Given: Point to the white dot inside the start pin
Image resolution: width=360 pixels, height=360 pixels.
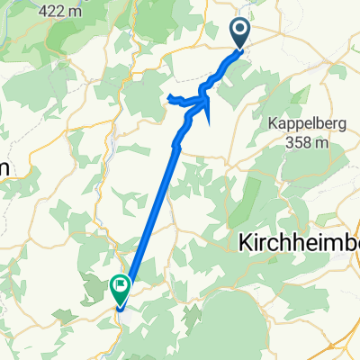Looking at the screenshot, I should tap(241, 31).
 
